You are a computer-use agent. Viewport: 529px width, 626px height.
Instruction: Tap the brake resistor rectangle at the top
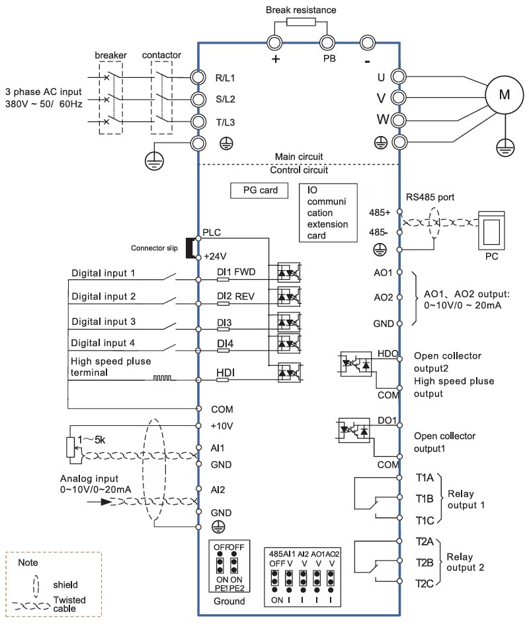[x=301, y=22]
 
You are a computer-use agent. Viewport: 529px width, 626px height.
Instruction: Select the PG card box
[x=259, y=190]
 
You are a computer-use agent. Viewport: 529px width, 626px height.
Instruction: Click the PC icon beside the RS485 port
[x=491, y=231]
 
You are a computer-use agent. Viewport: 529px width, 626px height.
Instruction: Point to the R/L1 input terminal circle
[x=198, y=77]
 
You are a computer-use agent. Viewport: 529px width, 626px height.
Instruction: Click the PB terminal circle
[x=327, y=42]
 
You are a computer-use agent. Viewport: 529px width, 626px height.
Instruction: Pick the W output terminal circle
[x=398, y=120]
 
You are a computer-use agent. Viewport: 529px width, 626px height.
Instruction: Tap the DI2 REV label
[x=235, y=296]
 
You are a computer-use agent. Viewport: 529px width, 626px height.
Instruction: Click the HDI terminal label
[x=225, y=372]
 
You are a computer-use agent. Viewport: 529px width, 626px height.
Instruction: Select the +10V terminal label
[x=222, y=426]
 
